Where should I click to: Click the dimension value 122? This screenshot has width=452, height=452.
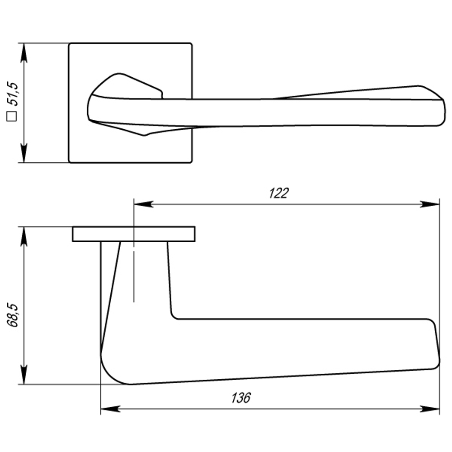pyautogui.click(x=278, y=193)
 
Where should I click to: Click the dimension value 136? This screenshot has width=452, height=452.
pyautogui.click(x=241, y=398)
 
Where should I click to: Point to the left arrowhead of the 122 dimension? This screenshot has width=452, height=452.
pyautogui.click(x=142, y=204)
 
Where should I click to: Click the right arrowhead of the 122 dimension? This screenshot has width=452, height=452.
pyautogui.click(x=431, y=204)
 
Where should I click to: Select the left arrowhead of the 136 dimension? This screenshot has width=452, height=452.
pyautogui.click(x=109, y=409)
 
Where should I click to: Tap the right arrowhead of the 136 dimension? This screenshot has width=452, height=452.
pyautogui.click(x=431, y=409)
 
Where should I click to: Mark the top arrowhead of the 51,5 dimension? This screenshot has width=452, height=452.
pyautogui.click(x=24, y=52)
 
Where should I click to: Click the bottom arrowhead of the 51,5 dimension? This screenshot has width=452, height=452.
pyautogui.click(x=24, y=154)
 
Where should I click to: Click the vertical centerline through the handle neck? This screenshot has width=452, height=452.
pyautogui.click(x=134, y=271)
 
